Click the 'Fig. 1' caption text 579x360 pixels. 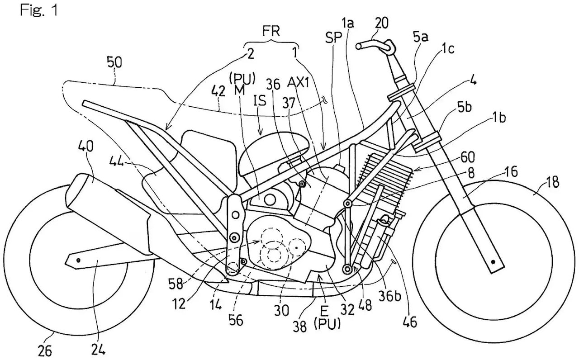(39, 11)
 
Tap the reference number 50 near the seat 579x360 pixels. (114, 62)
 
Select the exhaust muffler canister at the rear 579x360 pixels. (109, 199)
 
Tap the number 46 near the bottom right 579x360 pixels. (410, 322)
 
